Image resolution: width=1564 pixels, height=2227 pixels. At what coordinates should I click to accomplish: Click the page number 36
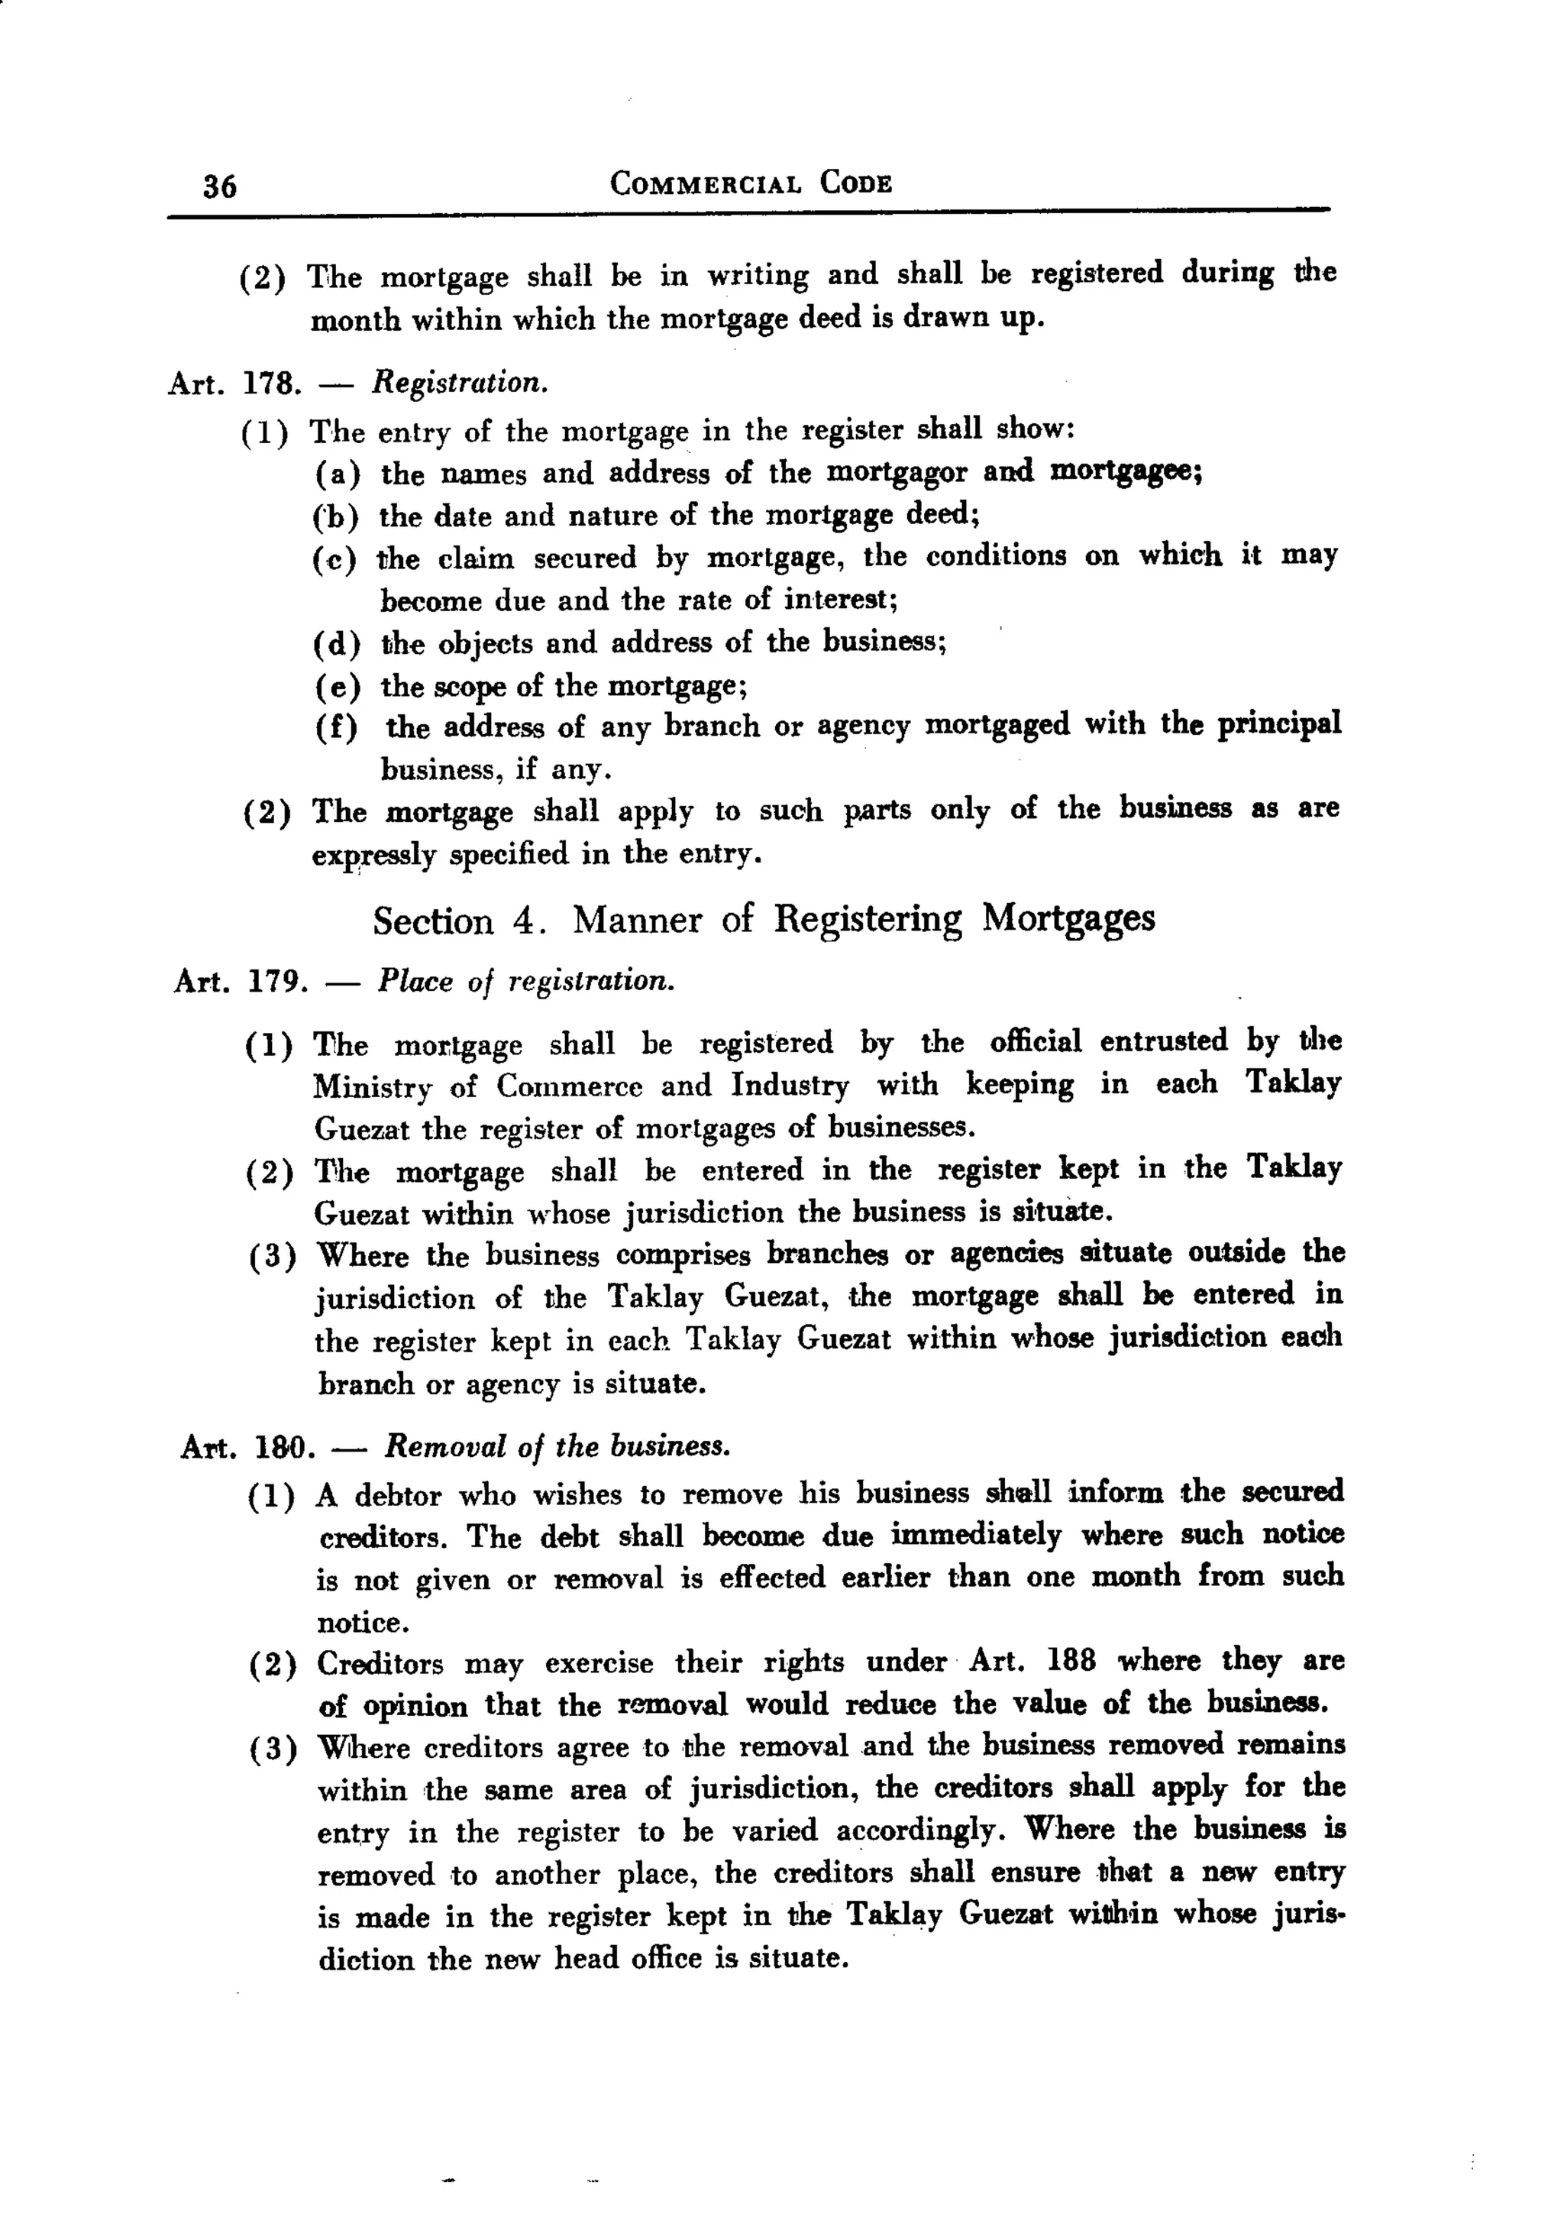pos(220,185)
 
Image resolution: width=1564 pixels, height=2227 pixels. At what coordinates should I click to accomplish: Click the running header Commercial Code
pos(751,183)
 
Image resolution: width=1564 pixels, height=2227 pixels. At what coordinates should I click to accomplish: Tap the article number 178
pos(267,383)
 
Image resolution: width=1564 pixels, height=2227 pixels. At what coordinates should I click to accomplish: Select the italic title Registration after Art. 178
pos(460,382)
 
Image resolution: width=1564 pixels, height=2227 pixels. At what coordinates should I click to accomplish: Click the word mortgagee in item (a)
pos(1126,471)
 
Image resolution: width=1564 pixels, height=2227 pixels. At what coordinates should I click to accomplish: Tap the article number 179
pos(278,982)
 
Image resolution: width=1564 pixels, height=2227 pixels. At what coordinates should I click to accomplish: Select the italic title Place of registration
pos(525,982)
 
